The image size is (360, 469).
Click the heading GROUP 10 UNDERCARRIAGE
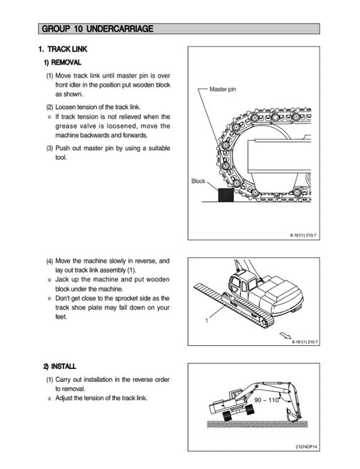[x=97, y=28]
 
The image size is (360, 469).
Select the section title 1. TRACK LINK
[x=63, y=49]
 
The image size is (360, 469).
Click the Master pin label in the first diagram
[x=222, y=89]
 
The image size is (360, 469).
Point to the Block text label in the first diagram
[x=198, y=181]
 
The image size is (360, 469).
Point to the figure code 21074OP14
[x=307, y=446]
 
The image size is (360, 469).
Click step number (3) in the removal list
[x=50, y=148]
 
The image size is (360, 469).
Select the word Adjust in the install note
[x=65, y=398]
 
